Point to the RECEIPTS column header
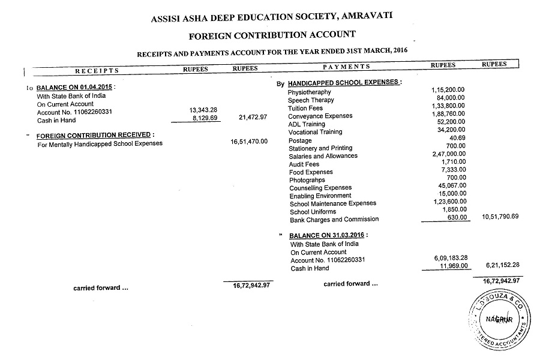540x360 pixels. click(97, 70)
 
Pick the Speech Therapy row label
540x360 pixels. click(311, 100)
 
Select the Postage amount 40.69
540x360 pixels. click(457, 138)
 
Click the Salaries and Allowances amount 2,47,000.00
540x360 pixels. click(448, 154)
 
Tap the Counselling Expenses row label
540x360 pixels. click(320, 188)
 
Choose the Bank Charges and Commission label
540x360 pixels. click(334, 220)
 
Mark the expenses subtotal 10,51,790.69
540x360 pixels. click(500, 216)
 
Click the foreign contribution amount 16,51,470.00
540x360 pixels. click(249, 142)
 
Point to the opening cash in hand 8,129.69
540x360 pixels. click(204, 119)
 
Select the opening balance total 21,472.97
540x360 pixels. click(253, 117)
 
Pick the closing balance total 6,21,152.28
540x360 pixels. click(500, 265)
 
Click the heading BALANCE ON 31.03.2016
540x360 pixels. click(328, 236)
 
